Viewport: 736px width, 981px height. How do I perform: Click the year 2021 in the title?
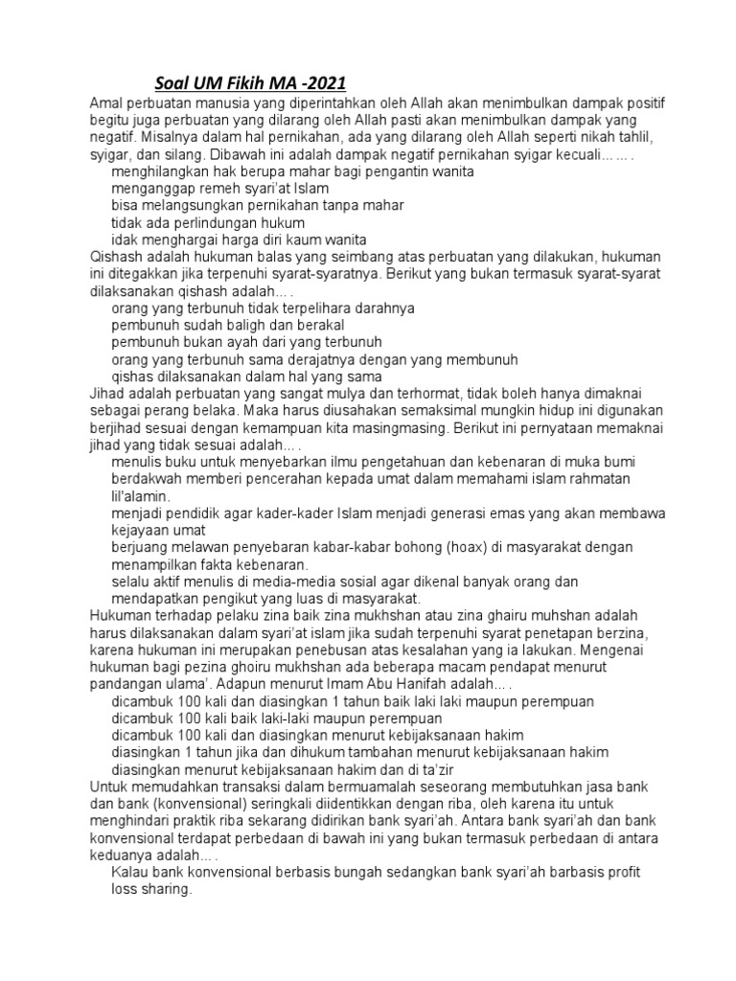(x=325, y=82)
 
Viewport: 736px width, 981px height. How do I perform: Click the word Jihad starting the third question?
(x=107, y=394)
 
